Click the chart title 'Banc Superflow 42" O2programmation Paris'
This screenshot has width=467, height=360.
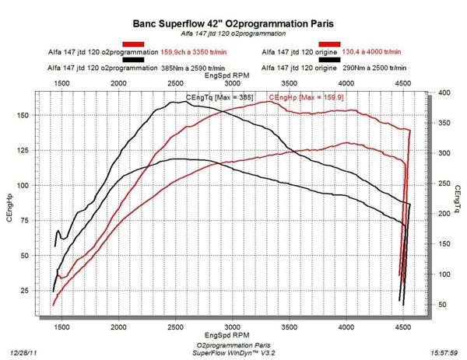[233, 23]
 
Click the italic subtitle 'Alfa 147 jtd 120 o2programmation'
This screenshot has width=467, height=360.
[233, 34]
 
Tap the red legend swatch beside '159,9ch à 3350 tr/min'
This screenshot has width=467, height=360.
[134, 44]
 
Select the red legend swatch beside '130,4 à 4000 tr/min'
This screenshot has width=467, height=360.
[329, 44]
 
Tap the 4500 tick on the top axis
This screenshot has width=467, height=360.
[402, 82]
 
